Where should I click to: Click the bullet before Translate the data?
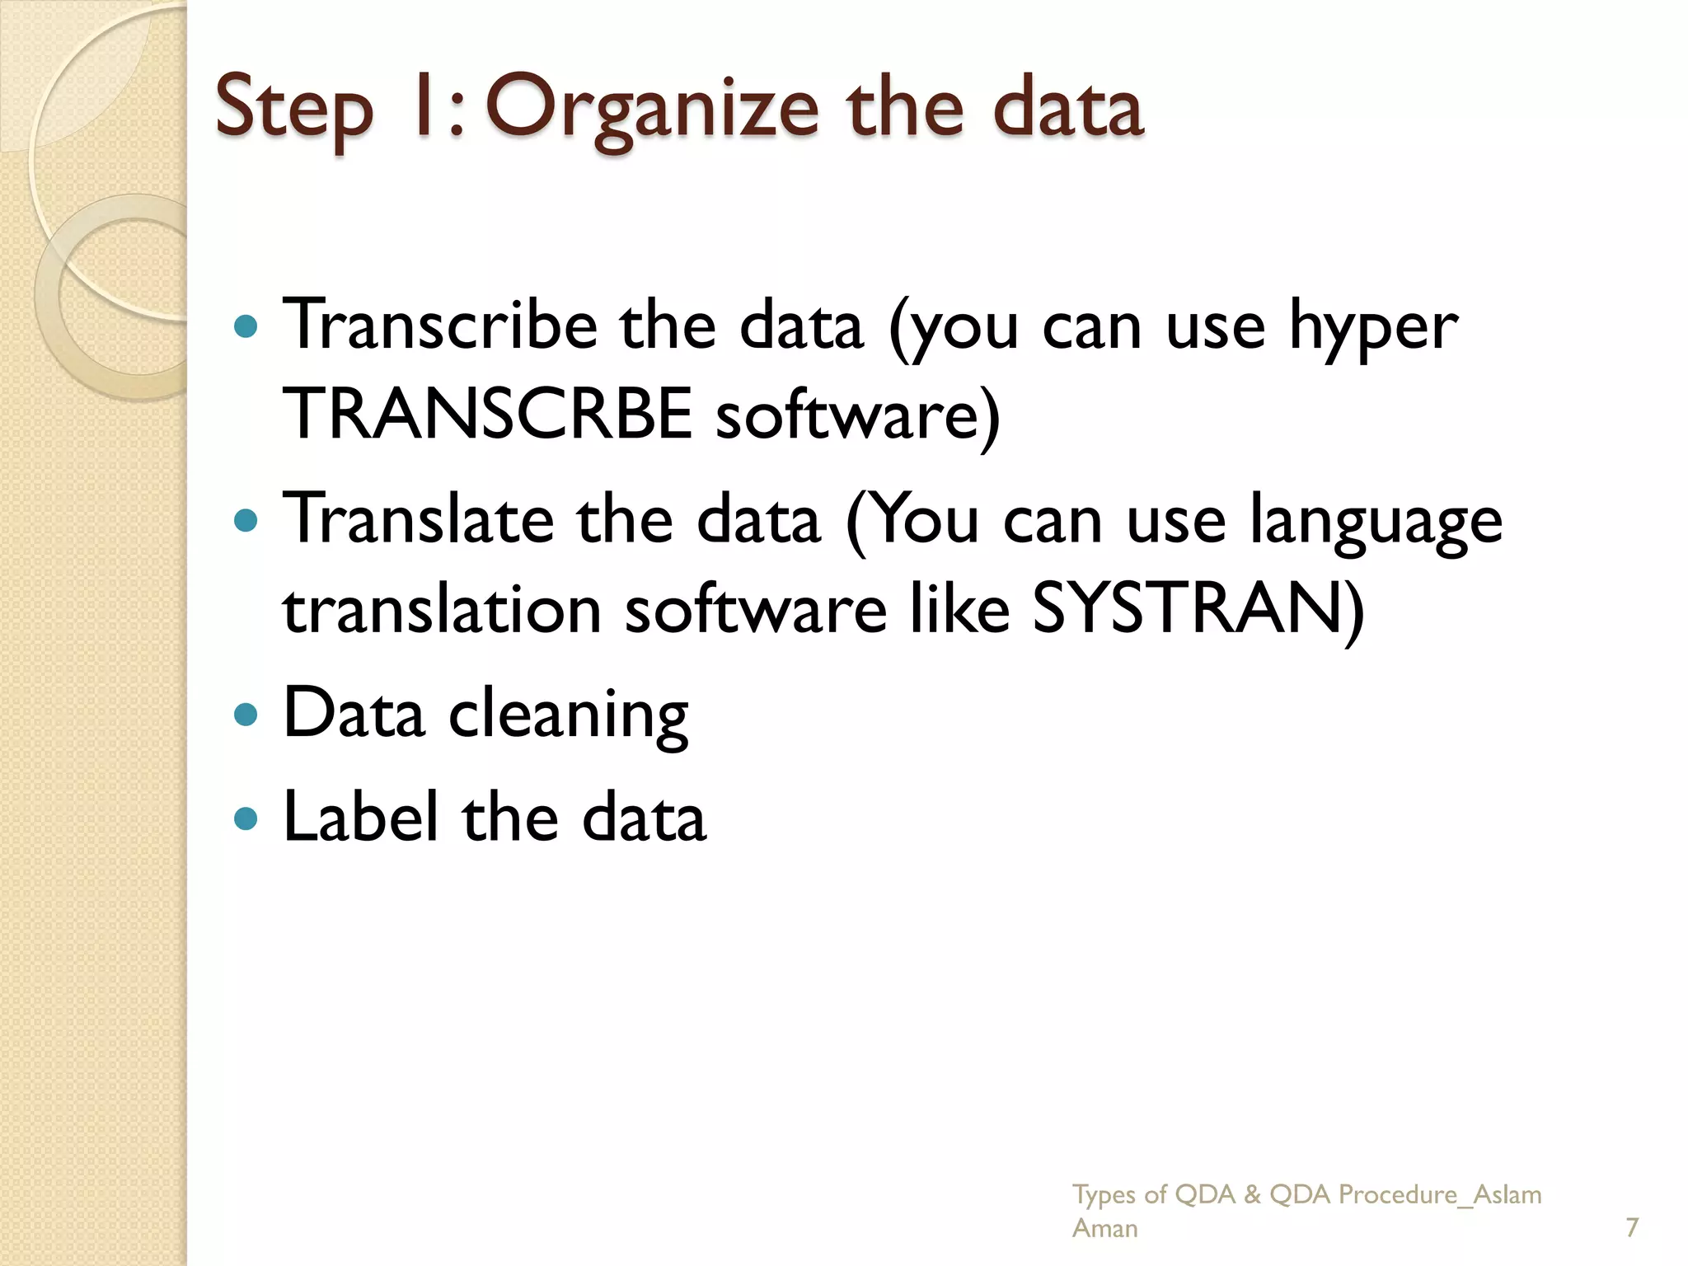[246, 521]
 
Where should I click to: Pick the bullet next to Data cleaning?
[246, 714]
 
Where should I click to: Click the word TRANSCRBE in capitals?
[487, 415]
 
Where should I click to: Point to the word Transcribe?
[440, 326]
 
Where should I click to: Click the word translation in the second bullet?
[442, 610]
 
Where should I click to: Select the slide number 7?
[1631, 1227]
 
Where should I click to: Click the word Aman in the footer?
[1104, 1228]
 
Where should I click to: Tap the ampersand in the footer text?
[1252, 1194]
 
